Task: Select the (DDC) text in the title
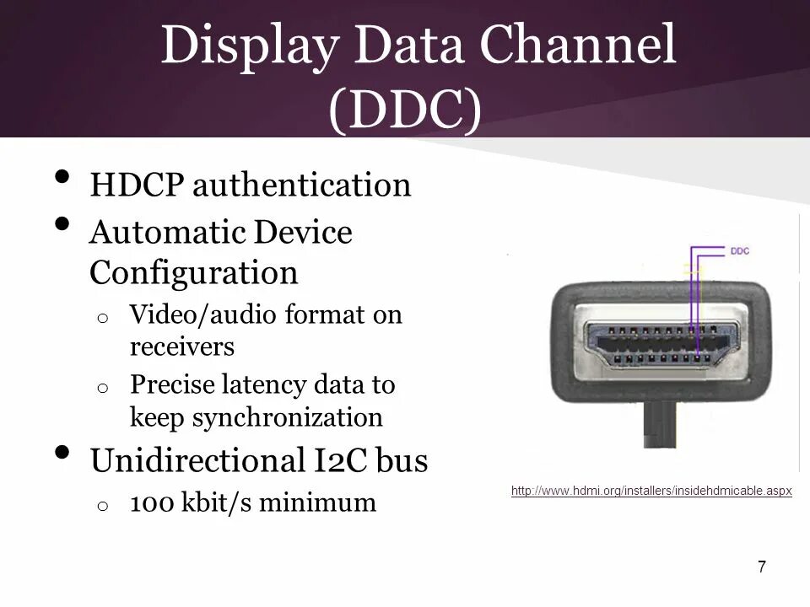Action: (x=405, y=110)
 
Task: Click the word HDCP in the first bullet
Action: (x=136, y=185)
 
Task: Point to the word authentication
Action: (x=301, y=185)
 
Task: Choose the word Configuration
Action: (x=193, y=273)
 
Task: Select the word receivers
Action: (x=181, y=346)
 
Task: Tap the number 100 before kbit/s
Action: (x=152, y=503)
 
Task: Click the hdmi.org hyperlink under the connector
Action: (x=651, y=491)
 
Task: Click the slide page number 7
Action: (x=762, y=567)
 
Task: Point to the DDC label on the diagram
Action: (x=739, y=250)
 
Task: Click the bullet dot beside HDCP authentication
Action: (x=62, y=178)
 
